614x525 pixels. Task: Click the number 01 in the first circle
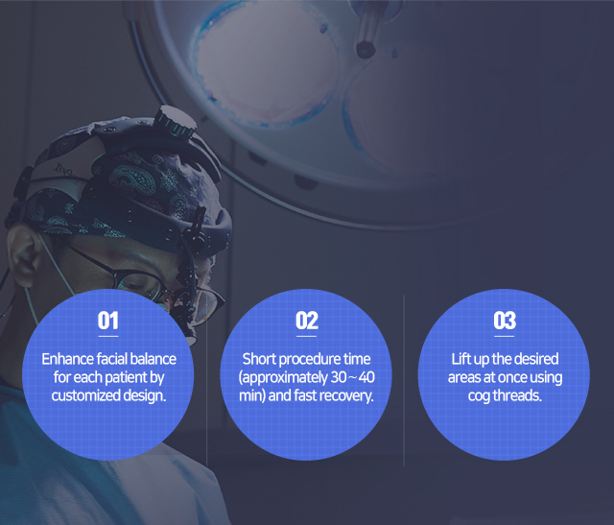point(108,321)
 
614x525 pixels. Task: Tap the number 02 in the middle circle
point(307,321)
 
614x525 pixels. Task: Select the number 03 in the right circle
point(505,321)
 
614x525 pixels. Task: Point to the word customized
point(85,395)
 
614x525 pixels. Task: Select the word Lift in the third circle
point(460,359)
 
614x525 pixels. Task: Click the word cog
point(479,396)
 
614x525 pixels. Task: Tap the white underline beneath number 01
point(108,336)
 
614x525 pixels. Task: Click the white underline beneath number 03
point(505,336)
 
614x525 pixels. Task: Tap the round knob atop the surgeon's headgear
point(175,120)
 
